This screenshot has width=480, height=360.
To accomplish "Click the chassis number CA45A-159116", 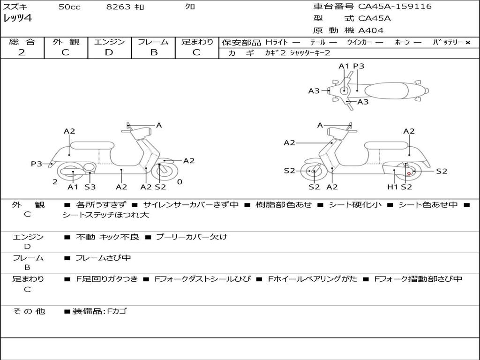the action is click(x=395, y=7).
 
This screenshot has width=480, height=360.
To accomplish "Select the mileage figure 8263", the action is click(x=118, y=7).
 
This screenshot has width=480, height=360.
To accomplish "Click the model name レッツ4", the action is click(x=17, y=19).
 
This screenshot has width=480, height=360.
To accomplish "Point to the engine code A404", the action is click(x=371, y=30).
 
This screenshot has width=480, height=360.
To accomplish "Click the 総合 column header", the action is click(x=22, y=42).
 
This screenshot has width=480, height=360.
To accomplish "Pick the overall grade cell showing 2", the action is click(x=22, y=52).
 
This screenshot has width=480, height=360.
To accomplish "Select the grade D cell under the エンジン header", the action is click(x=109, y=52).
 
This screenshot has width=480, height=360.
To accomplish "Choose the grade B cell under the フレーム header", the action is click(x=153, y=52).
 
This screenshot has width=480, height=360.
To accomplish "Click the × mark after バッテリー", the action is click(x=468, y=43).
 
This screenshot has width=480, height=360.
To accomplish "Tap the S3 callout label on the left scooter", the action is click(x=90, y=187).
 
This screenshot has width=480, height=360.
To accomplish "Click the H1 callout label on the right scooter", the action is click(x=392, y=187).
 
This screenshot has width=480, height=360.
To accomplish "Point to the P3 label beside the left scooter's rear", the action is click(x=37, y=164).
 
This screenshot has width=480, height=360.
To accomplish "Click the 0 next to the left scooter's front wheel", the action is click(x=180, y=182).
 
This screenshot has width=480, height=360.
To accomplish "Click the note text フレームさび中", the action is click(x=103, y=258).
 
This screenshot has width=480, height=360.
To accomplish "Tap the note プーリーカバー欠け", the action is click(x=191, y=237).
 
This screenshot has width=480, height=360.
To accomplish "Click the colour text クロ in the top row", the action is click(x=190, y=7).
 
